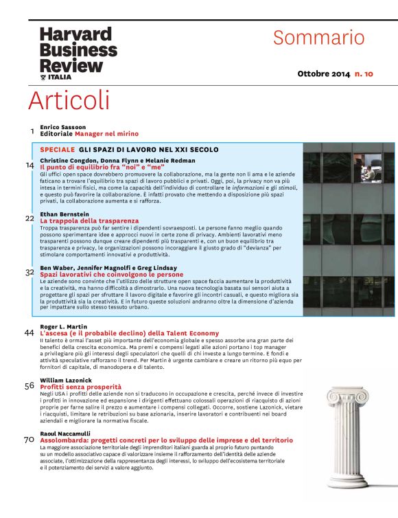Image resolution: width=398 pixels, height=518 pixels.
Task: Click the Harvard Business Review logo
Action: tap(78, 54)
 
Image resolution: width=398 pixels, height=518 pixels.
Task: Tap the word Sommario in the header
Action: tap(319, 37)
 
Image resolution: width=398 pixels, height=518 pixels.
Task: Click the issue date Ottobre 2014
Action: tap(323, 74)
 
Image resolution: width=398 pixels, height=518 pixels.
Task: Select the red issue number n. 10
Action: tap(364, 74)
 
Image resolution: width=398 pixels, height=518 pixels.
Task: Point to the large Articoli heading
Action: tap(69, 100)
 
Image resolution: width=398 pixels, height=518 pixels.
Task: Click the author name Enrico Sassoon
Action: tap(62, 127)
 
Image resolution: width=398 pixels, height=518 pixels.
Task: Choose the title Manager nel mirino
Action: tap(106, 134)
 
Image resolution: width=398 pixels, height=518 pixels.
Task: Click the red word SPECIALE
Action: tap(58, 150)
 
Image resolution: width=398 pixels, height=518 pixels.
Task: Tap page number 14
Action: tap(30, 165)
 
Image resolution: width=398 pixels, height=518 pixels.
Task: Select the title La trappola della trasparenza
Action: tap(89, 221)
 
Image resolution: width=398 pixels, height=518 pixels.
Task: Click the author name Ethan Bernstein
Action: tap(65, 214)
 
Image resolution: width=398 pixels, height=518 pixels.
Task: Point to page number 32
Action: tap(30, 272)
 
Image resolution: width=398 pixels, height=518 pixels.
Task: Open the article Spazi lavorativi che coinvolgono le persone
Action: tap(112, 275)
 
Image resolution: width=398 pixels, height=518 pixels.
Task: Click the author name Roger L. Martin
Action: tap(63, 326)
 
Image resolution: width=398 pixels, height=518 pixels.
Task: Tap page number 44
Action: tap(29, 333)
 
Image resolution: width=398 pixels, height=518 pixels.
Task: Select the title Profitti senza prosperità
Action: tap(80, 387)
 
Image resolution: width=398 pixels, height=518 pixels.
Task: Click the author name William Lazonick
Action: tap(66, 380)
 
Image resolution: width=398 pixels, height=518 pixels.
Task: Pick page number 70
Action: tap(29, 440)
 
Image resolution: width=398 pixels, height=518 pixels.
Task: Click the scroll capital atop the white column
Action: tap(348, 396)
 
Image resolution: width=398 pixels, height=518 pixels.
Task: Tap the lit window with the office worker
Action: tap(368, 168)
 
